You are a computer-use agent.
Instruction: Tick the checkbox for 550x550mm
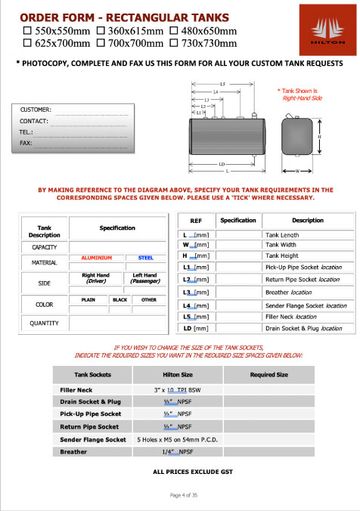point(28,32)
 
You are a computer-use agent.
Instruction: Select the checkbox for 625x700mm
point(28,43)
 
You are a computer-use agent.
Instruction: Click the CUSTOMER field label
point(35,110)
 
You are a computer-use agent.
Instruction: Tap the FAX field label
point(26,142)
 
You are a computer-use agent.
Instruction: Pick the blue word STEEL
point(144,258)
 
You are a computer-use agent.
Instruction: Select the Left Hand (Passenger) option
point(144,279)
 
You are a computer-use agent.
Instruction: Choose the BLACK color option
point(119,300)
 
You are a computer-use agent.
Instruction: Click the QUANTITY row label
point(44,324)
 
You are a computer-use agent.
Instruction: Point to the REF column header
point(195,221)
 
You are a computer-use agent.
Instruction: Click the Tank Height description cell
point(283,255)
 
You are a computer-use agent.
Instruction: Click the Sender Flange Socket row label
point(93,439)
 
